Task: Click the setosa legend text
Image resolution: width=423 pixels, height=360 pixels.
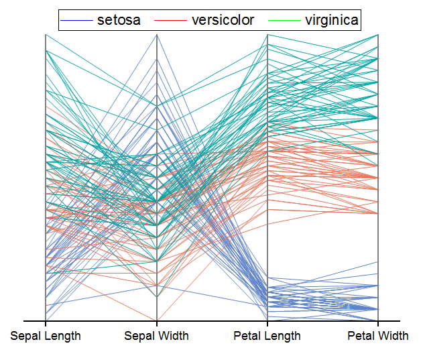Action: [x=119, y=20]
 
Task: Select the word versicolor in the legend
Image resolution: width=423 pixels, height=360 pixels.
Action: [x=223, y=20]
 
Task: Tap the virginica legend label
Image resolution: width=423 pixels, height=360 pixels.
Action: [x=332, y=20]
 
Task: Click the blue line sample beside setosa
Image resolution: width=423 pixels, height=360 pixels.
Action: [x=76, y=21]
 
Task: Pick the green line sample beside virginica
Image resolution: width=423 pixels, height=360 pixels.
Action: [x=284, y=21]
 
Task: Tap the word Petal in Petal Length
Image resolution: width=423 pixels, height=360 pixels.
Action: [x=249, y=336]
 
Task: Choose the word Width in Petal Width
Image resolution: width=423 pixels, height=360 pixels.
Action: [x=394, y=336]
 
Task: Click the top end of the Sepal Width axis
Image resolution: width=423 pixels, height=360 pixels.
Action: [x=157, y=35]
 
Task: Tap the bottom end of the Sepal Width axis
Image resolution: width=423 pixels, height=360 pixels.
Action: [x=157, y=320]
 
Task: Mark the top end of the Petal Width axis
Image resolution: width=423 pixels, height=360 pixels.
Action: [x=378, y=35]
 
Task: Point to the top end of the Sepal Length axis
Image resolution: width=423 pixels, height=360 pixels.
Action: [x=46, y=35]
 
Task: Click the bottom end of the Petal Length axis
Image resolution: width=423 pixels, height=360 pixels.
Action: [x=267, y=320]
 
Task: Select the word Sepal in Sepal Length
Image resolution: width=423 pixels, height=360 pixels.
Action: [x=25, y=336]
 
